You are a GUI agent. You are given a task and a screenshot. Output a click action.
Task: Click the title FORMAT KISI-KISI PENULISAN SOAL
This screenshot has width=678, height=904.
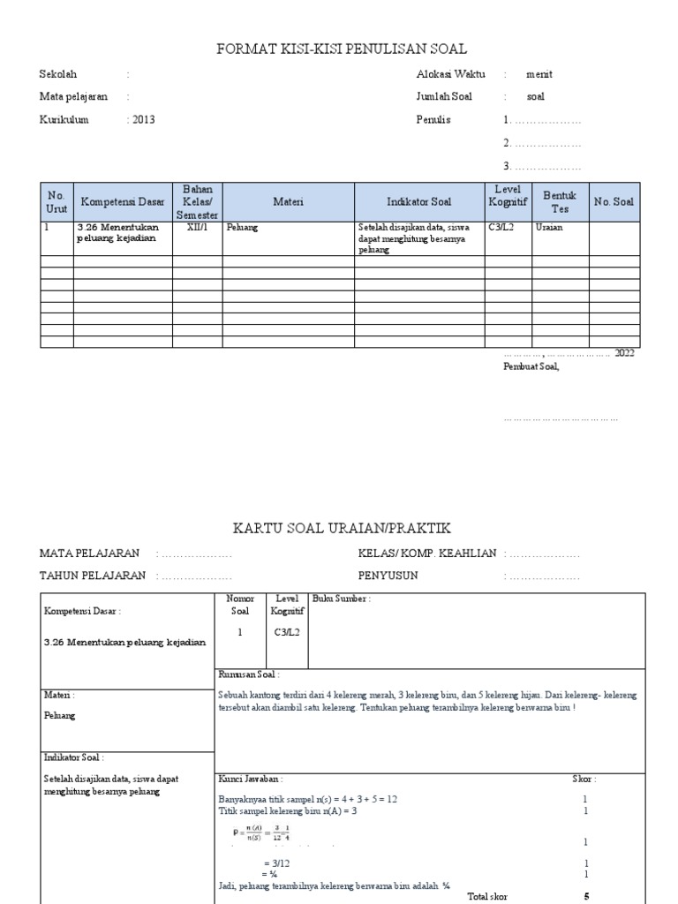342,49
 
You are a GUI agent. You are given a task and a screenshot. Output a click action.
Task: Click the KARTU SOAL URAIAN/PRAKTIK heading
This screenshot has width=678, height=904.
342,528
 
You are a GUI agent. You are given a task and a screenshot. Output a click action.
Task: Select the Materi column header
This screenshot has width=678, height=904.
288,202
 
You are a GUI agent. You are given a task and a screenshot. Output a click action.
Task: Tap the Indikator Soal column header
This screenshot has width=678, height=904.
418,202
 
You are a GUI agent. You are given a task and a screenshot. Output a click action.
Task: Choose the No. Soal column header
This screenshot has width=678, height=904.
614,202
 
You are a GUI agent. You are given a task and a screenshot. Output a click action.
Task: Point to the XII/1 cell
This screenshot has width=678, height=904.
197,227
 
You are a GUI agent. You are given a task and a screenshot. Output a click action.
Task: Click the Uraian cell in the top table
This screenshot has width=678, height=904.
549,227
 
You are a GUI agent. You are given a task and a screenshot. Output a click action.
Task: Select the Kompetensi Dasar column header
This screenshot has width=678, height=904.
123,202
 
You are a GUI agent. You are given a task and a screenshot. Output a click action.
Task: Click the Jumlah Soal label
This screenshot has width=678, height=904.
444,97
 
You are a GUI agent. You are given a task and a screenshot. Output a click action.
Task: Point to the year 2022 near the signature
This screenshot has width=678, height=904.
624,353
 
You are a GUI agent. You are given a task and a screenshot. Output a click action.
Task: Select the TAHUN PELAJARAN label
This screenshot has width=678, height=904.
93,576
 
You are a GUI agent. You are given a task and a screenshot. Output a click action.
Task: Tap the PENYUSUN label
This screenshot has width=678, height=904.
388,576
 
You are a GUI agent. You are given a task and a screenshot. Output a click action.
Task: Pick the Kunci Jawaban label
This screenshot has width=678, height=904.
250,780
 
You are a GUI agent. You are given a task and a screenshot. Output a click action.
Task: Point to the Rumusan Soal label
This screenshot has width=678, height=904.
249,674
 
